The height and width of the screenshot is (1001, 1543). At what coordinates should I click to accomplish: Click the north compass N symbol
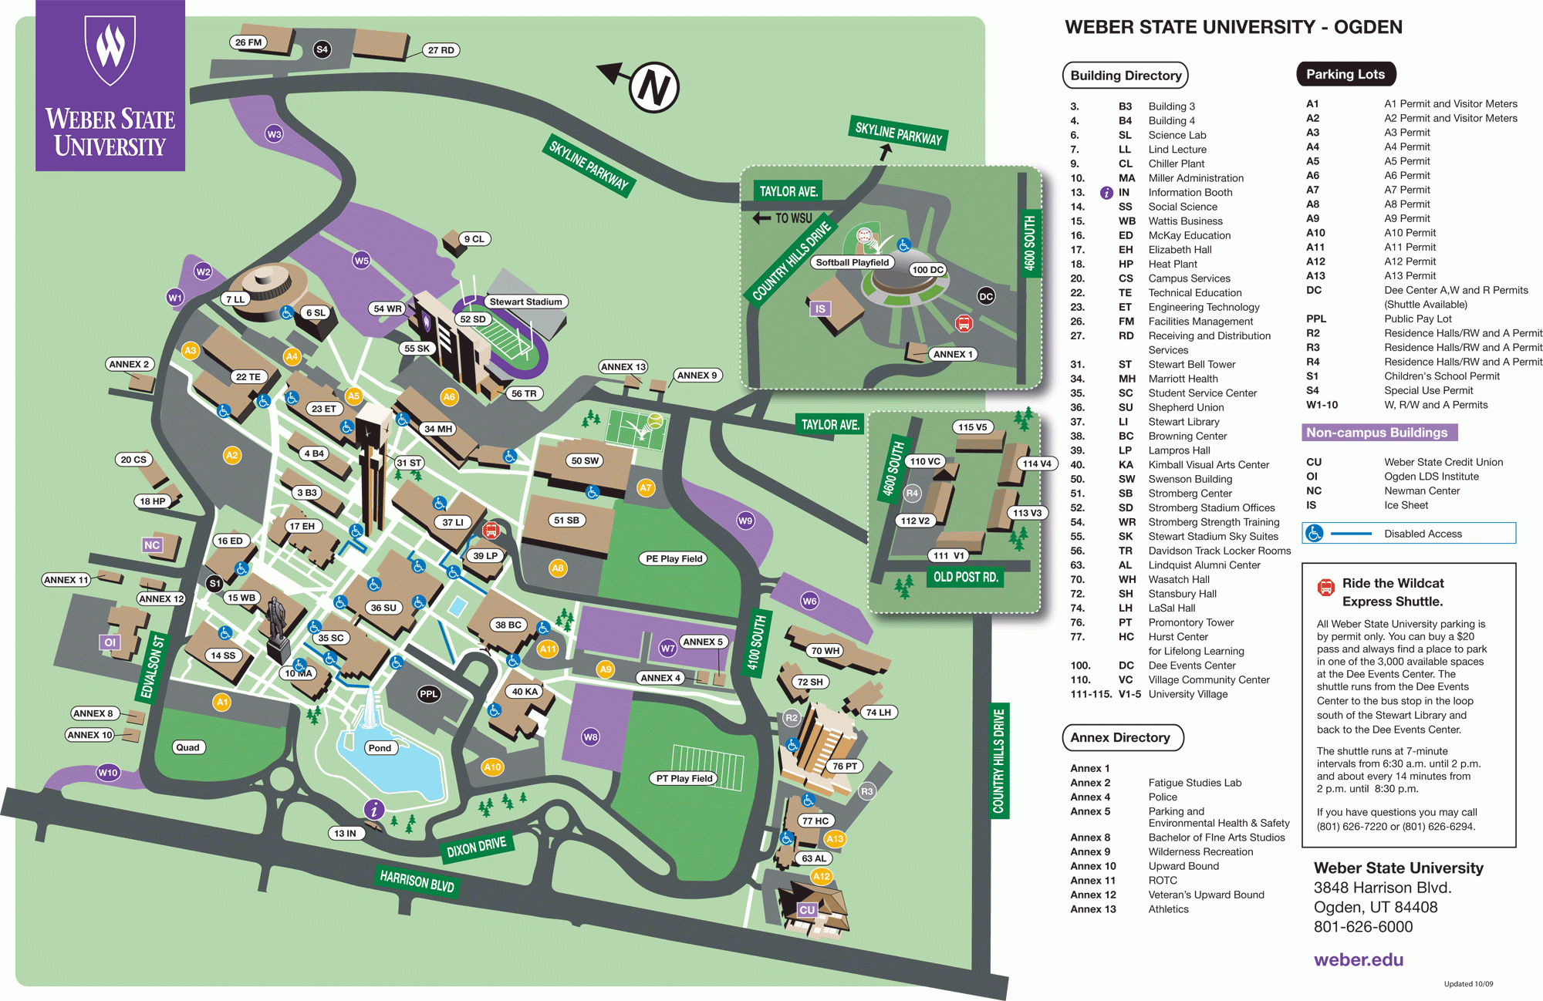[x=654, y=87]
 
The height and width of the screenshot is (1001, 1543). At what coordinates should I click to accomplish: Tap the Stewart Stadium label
[x=525, y=302]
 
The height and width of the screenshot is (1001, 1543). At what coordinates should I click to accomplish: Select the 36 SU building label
[x=383, y=608]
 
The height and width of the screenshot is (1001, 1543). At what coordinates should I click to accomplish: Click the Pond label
[x=380, y=747]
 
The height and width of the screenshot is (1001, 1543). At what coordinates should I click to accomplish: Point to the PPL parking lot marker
[x=428, y=694]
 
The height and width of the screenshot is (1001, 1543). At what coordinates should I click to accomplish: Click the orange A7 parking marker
[x=646, y=487]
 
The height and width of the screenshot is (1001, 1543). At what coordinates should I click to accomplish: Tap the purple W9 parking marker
[x=745, y=521]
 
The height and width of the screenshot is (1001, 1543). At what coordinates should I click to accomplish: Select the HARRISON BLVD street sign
[x=417, y=881]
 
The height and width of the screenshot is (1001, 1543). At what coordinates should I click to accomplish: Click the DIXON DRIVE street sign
[x=476, y=847]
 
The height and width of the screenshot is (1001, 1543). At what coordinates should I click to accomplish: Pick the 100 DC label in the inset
[x=927, y=270]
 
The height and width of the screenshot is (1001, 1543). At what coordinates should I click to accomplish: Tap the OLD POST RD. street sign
[x=965, y=577]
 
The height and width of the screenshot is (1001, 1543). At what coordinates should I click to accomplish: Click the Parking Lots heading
[x=1345, y=74]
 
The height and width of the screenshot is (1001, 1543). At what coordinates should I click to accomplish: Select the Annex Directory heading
[x=1120, y=737]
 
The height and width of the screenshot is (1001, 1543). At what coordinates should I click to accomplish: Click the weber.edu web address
[x=1358, y=959]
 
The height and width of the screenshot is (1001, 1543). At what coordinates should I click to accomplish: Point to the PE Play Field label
[x=674, y=558]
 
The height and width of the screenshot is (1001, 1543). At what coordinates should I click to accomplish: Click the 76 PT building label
[x=845, y=766]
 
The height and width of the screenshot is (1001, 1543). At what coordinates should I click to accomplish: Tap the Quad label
[x=187, y=747]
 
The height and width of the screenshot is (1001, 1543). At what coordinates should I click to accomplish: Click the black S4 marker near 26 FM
[x=322, y=49]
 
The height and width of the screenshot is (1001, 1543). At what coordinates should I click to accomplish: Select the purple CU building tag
[x=807, y=910]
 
